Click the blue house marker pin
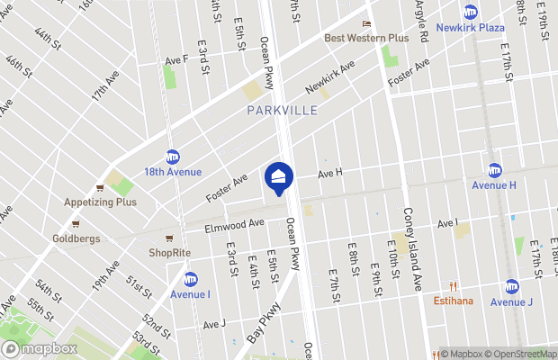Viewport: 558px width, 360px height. point(279,177)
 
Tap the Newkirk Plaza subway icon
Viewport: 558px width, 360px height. point(470,12)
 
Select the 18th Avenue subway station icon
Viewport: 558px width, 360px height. point(172,157)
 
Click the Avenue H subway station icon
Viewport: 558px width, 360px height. point(494,170)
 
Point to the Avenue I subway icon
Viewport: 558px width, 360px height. point(190,278)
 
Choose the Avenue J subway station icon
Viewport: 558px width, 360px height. point(512,286)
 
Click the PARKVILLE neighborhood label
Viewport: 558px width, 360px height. point(282,111)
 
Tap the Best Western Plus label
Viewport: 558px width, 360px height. point(366,38)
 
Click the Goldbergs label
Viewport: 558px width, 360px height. point(76,238)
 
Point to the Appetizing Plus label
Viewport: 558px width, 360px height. point(99,202)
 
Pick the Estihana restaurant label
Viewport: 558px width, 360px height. point(454,301)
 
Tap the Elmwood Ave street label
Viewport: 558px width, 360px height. point(232,226)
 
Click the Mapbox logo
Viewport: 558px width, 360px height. point(39,348)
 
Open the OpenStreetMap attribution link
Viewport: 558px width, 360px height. point(516,354)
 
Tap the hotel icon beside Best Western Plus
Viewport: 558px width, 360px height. point(366,24)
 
